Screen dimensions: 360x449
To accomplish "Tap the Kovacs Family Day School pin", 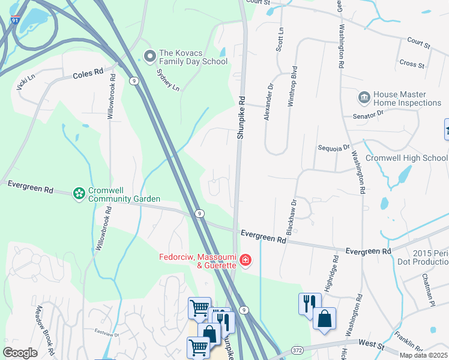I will click(149, 57).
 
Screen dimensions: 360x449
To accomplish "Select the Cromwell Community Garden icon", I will click(78, 193).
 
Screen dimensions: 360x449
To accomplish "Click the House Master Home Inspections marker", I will click(364, 98).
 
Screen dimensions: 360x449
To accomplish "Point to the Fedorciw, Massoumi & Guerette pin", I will click(245, 260).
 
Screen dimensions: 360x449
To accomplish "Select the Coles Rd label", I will click(88, 75).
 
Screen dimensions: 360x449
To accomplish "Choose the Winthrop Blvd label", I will click(293, 86).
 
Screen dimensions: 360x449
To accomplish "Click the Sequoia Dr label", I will click(333, 147).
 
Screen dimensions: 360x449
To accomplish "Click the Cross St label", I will click(412, 64).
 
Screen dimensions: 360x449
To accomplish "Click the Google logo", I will click(20, 353).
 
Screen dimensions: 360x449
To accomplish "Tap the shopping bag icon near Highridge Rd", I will click(324, 320).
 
